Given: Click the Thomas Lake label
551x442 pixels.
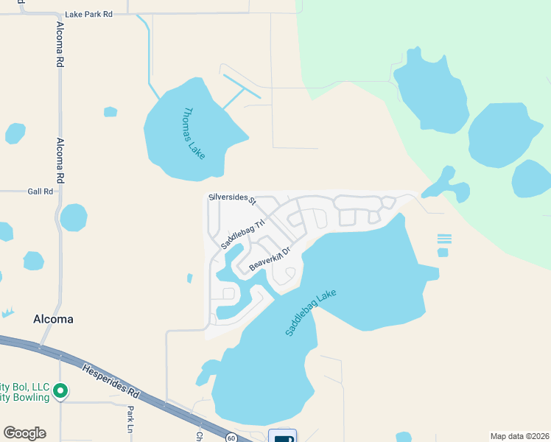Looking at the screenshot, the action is click(194, 133).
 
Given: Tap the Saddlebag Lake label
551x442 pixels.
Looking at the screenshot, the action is click(310, 313).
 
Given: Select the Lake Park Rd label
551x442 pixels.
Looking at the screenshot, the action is click(88, 14).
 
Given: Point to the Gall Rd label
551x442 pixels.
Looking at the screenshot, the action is click(41, 191).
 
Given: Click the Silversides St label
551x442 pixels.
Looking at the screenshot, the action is click(231, 199).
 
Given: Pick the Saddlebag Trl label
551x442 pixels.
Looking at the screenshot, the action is click(242, 233).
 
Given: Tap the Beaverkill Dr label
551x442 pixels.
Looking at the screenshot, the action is click(270, 258).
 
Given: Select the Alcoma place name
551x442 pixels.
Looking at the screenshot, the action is click(53, 319).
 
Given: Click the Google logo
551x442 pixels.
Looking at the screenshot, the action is click(24, 433).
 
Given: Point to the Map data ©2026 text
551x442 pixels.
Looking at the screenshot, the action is click(519, 436).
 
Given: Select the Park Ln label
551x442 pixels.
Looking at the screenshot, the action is click(130, 419).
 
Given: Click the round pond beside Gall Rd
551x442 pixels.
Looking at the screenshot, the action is click(73, 217).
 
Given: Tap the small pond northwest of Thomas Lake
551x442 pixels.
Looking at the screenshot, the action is click(110, 112).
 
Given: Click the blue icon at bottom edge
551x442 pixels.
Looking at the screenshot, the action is click(282, 437).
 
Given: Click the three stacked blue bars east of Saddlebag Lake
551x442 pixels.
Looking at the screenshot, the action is click(443, 239).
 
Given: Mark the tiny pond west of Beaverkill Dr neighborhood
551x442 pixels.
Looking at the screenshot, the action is click(189, 278).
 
